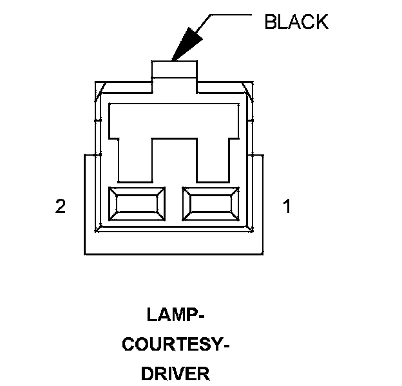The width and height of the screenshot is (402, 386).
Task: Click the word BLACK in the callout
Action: (x=296, y=22)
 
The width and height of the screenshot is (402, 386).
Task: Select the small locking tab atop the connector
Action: (x=173, y=69)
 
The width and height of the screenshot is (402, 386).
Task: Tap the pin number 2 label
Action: (x=61, y=207)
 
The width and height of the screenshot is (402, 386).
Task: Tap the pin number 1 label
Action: (x=287, y=207)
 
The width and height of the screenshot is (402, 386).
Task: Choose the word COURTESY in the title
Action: (x=173, y=344)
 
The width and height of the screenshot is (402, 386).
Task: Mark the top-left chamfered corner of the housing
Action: (x=98, y=86)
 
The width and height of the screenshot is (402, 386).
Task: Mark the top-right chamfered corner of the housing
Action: (x=249, y=86)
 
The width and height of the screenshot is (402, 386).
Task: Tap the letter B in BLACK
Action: (x=271, y=22)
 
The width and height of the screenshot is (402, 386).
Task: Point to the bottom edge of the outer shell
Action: (x=174, y=253)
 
